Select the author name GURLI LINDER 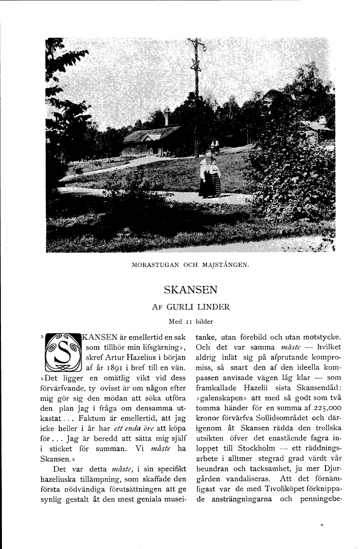pyautogui.click(x=198, y=307)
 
